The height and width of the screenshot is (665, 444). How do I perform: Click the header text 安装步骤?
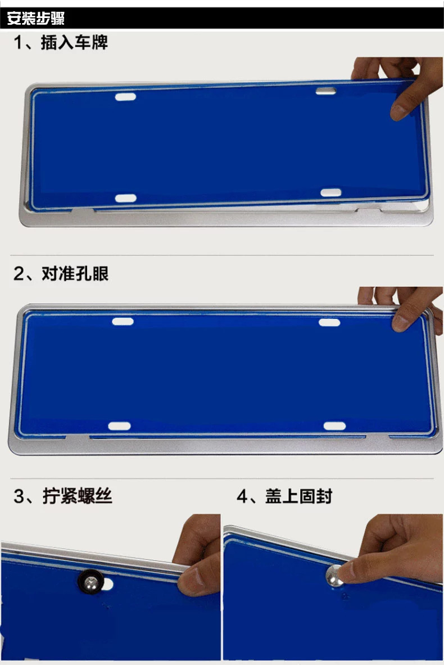point(36,18)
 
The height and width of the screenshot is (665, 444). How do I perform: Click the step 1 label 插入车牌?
point(74,43)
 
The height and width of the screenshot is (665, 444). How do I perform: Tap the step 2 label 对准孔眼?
point(75,274)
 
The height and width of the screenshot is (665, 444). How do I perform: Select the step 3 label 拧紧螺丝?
point(78,496)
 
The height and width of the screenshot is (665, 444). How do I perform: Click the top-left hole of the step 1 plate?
point(125,97)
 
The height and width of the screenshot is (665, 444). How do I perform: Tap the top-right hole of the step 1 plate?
point(325,91)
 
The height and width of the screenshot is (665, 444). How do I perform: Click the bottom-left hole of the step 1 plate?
point(125,198)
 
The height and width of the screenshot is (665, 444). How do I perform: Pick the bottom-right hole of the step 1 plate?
point(331,193)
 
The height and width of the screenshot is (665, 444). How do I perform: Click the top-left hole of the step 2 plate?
point(122,322)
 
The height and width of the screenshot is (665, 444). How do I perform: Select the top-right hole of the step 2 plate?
point(329,322)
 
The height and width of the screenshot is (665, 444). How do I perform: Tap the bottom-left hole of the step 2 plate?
point(119,426)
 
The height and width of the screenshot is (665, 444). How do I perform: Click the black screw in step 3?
point(90,578)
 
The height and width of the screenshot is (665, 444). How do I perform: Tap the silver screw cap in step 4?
point(335,574)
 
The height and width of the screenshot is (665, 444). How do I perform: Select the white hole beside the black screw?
point(109,584)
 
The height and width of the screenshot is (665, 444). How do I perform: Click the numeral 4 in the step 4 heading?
point(243,496)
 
